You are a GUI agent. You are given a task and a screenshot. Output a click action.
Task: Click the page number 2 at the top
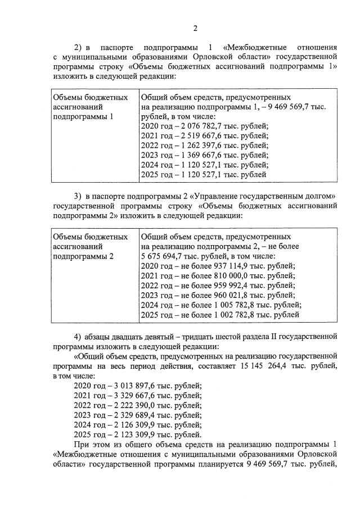pos(195,29)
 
